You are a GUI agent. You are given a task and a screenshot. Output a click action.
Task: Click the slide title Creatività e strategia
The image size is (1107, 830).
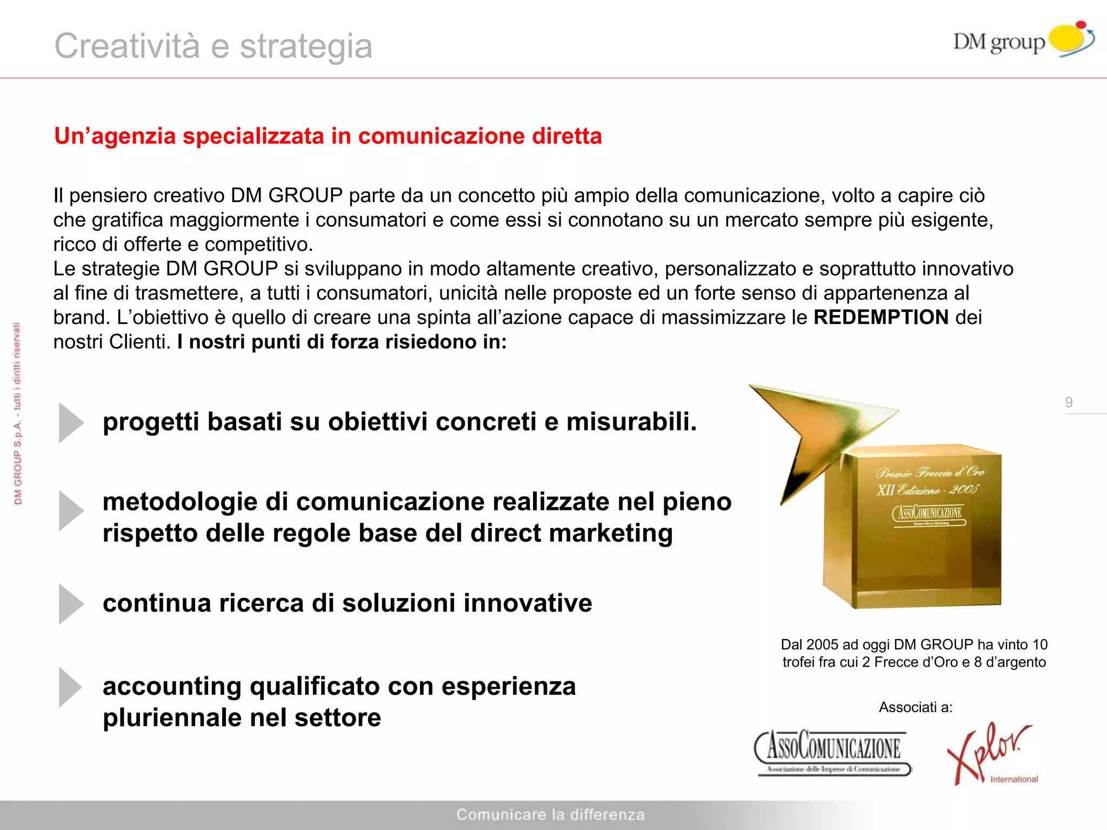pos(214,46)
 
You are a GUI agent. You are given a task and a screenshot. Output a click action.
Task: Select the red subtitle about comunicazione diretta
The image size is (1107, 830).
pos(328,136)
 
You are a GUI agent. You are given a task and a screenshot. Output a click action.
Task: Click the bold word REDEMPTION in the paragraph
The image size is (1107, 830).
pos(881,317)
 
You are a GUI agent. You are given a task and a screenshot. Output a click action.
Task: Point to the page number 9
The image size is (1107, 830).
pos(1069,402)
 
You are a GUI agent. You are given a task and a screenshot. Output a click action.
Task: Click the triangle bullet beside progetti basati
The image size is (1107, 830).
pos(70,422)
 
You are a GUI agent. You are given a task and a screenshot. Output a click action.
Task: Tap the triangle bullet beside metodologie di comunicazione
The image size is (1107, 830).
pos(70,510)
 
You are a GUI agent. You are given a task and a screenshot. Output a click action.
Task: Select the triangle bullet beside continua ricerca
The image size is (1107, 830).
pos(70,603)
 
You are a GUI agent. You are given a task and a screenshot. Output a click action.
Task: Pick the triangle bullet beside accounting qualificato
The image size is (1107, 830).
pos(70,687)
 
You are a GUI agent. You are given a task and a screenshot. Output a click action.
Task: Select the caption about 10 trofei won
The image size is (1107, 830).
pos(914,653)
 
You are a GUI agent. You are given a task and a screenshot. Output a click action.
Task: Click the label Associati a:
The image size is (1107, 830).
pos(915,707)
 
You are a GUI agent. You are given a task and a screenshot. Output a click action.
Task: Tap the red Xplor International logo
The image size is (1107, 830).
pos(990,753)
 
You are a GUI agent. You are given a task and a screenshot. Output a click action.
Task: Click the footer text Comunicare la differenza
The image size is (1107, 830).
pos(550,814)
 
